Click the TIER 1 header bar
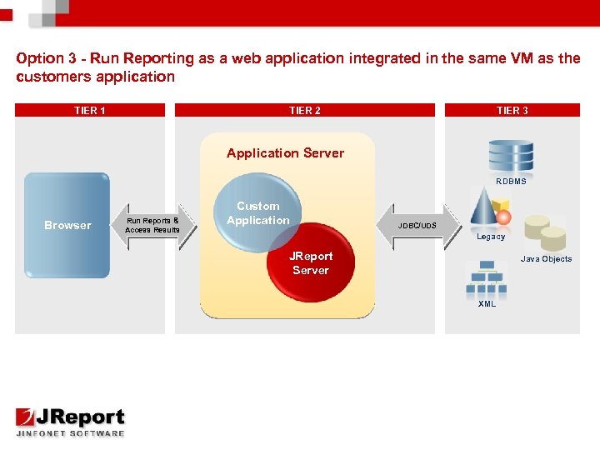[x=90, y=110]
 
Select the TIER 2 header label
[x=305, y=111]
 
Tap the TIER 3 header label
[x=512, y=111]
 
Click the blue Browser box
[x=67, y=225]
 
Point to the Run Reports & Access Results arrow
[x=153, y=226]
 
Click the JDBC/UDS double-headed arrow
[x=419, y=226]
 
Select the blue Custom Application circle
[x=257, y=212]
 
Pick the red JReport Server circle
[x=311, y=262]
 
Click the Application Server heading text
[x=286, y=153]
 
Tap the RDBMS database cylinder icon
[x=511, y=156]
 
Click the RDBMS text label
[x=511, y=182]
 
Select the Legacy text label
[x=491, y=237]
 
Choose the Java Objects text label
[x=546, y=259]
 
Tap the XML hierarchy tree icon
[x=487, y=277]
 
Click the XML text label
[x=487, y=304]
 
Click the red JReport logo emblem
[x=25, y=417]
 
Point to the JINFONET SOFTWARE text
[x=70, y=433]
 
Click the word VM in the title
[x=522, y=58]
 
